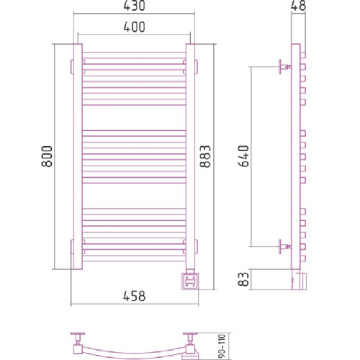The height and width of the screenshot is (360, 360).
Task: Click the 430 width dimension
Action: pyautogui.click(x=134, y=6)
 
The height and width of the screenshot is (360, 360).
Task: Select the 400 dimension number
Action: pyautogui.click(x=134, y=27)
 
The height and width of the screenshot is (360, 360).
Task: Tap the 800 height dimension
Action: pyautogui.click(x=47, y=156)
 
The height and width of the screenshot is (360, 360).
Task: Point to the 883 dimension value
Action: pyautogui.click(x=205, y=156)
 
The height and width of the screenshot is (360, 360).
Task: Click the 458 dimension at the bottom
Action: pyautogui.click(x=134, y=296)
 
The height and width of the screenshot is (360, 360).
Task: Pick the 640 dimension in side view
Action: pyautogui.click(x=243, y=156)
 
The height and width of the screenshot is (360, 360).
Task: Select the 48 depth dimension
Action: pyautogui.click(x=298, y=6)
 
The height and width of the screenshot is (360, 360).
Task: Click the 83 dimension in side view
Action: pyautogui.click(x=243, y=279)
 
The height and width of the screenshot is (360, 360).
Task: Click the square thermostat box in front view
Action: pyautogui.click(x=190, y=282)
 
